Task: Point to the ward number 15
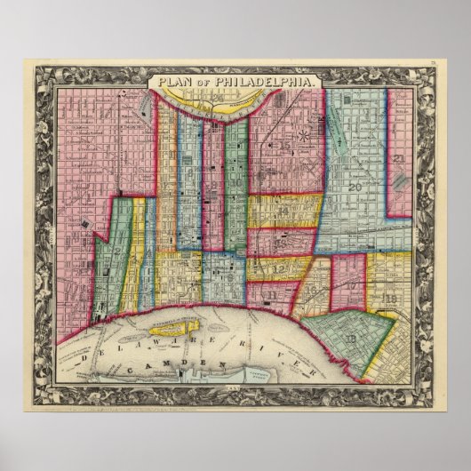(x=282, y=146)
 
